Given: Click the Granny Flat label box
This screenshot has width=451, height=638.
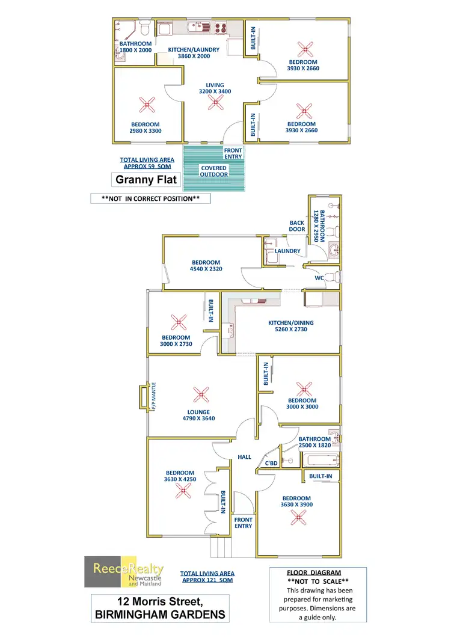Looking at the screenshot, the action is pyautogui.click(x=146, y=179).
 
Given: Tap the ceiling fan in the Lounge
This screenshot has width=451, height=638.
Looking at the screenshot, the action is pyautogui.click(x=201, y=394).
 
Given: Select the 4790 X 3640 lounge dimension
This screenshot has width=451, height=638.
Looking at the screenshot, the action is pyautogui.click(x=198, y=419).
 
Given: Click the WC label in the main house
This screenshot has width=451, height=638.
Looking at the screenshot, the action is pyautogui.click(x=319, y=278).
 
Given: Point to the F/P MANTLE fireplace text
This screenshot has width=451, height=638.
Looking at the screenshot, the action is pyautogui.click(x=154, y=396).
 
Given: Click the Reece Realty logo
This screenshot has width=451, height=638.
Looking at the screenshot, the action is pyautogui.click(x=124, y=572).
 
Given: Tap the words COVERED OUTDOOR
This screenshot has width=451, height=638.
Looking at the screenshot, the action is pyautogui.click(x=213, y=171).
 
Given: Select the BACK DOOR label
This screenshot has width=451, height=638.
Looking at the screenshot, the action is pyautogui.click(x=297, y=226).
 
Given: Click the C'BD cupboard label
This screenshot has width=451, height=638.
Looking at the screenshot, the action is pyautogui.click(x=271, y=463).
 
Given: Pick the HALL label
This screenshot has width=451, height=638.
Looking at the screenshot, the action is pyautogui.click(x=244, y=457).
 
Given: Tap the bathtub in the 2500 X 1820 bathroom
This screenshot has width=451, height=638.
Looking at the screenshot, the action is pyautogui.click(x=321, y=460).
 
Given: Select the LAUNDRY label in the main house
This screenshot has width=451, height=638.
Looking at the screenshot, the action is pyautogui.click(x=287, y=251).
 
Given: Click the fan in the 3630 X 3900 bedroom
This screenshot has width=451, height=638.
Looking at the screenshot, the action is pyautogui.click(x=298, y=517).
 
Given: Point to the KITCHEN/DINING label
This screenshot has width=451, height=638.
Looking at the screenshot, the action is pyautogui.click(x=290, y=323).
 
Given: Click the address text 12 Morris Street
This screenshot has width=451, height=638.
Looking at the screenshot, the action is pyautogui.click(x=160, y=601).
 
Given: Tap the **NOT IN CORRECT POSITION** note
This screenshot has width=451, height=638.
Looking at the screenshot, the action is pyautogui.click(x=150, y=198).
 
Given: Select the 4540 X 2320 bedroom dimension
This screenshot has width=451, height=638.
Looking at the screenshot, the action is pyautogui.click(x=206, y=269).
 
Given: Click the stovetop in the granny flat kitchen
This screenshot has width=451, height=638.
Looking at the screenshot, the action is pyautogui.click(x=221, y=28).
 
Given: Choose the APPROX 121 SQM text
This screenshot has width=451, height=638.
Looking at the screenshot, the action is pyautogui.click(x=207, y=580).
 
